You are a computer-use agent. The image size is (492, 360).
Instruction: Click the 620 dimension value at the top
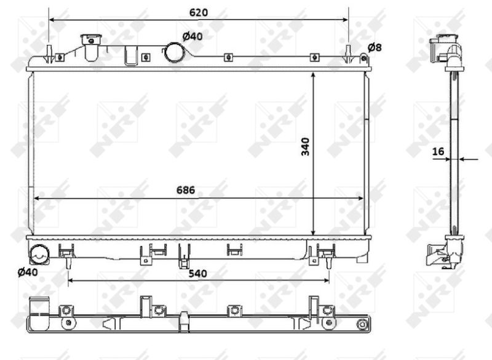pos(199,12)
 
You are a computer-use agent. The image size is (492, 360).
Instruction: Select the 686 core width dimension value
pos(186,190)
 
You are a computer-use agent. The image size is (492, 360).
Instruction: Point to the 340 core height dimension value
pos(305,146)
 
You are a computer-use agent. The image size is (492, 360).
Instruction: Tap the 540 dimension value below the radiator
pos(197,273)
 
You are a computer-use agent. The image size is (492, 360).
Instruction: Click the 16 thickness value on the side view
pos(438,151)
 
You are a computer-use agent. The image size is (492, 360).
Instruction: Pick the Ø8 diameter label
pos(375,47)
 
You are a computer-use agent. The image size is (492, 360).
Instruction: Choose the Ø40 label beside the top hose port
pos(192,36)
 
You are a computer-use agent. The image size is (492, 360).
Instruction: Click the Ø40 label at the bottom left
pos(28,272)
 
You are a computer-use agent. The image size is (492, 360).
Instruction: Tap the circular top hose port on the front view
pos(174,52)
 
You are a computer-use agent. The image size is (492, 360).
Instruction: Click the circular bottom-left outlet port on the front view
pos(39,254)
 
